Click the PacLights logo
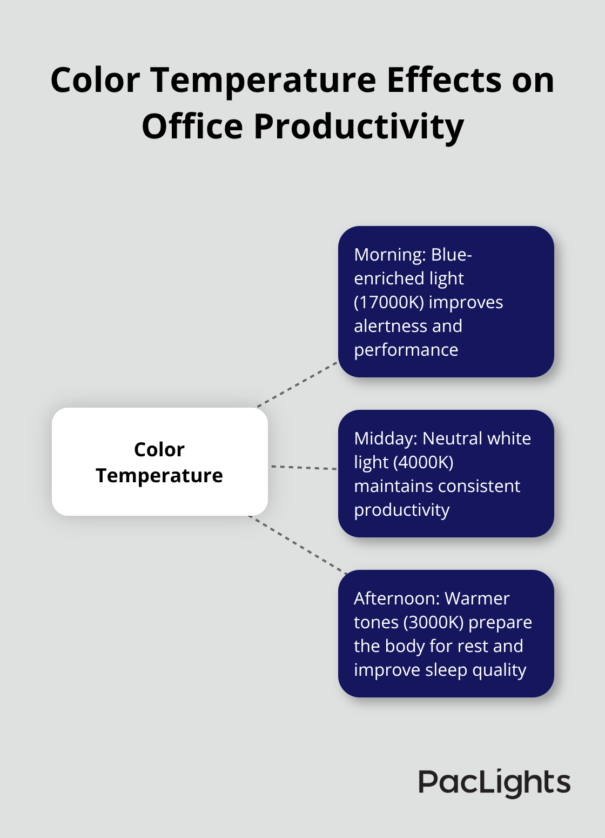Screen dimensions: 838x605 click(x=494, y=783)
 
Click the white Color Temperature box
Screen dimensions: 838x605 click(x=159, y=462)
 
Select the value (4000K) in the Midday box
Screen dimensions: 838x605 click(x=423, y=462)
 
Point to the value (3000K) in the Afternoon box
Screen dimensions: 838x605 click(x=433, y=622)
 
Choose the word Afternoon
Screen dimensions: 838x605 click(x=395, y=598)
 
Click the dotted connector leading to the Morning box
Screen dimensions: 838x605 click(x=297, y=384)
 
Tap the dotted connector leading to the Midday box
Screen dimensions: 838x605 click(x=304, y=467)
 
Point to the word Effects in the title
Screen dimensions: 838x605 click(x=444, y=81)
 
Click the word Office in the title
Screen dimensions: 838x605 click(x=192, y=127)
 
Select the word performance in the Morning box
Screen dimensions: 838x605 click(x=406, y=350)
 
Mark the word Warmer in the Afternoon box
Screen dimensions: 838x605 click(x=477, y=598)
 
